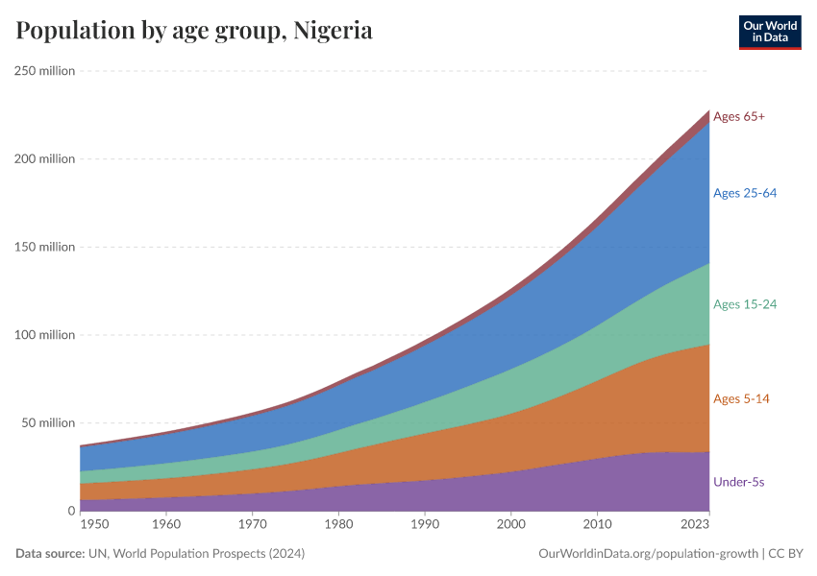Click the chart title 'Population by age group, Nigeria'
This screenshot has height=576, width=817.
194,31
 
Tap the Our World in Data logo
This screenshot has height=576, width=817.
769,32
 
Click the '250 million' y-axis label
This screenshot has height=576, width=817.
44,70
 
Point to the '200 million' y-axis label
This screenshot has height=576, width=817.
44,158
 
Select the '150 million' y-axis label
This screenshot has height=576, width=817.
44,247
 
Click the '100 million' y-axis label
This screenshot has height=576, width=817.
44,335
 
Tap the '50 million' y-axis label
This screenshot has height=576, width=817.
47,423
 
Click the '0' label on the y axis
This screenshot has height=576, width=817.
70,512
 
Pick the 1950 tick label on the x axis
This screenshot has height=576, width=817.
95,525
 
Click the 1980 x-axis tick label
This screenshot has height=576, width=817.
337,525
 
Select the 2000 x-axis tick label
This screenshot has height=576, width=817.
510,525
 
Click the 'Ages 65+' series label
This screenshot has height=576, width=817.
738,116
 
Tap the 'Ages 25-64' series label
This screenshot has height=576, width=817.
744,193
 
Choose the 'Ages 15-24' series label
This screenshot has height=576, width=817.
744,304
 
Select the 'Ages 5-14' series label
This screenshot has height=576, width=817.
741,398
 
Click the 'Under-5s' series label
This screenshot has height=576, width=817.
739,481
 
